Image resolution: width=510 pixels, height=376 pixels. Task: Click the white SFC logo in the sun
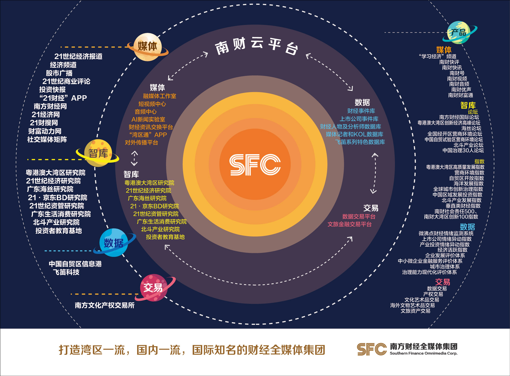255,165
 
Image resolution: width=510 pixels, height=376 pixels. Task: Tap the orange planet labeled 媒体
147,47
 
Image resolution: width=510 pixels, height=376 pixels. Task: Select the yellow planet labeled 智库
98,153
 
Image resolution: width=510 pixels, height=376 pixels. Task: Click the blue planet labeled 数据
114,243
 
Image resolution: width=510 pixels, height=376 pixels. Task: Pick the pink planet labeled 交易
153,288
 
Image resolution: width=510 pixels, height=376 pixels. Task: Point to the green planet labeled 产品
459,32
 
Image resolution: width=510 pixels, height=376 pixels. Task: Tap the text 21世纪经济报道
78,56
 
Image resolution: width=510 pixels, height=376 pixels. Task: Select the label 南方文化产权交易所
105,305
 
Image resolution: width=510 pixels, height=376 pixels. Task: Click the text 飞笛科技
66,272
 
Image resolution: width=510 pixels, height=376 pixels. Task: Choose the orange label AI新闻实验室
148,119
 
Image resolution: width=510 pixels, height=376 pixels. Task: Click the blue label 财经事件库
361,111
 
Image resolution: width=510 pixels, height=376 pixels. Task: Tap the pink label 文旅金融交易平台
349,224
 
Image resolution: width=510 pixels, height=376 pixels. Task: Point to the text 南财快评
449,62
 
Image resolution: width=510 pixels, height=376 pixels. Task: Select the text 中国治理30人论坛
463,150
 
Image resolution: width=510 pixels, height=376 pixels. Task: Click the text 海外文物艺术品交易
412,305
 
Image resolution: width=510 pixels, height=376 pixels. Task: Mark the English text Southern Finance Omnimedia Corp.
423,353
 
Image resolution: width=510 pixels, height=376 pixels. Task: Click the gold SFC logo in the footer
371,349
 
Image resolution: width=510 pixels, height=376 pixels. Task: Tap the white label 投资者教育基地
59,231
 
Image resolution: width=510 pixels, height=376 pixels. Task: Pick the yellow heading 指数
479,161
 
